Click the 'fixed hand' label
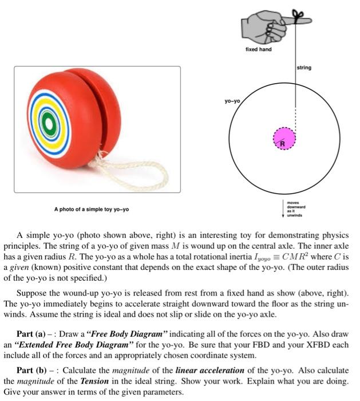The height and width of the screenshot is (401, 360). tap(258, 49)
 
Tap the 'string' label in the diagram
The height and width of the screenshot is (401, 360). tap(304, 68)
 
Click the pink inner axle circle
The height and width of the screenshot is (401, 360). tap(284, 137)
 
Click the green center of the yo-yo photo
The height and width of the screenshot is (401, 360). tap(49, 122)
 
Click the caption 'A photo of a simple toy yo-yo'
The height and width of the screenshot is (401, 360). tap(92, 209)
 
